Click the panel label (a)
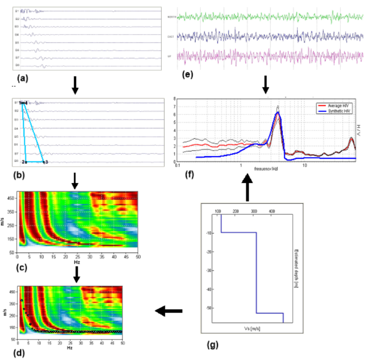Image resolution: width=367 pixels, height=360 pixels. point(22,78)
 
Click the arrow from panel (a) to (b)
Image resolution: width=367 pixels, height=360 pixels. point(75,86)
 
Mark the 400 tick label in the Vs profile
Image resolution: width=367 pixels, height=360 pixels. point(272,211)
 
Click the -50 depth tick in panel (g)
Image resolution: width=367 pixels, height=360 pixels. point(210,308)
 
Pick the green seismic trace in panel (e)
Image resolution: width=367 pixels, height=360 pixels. point(264,17)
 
